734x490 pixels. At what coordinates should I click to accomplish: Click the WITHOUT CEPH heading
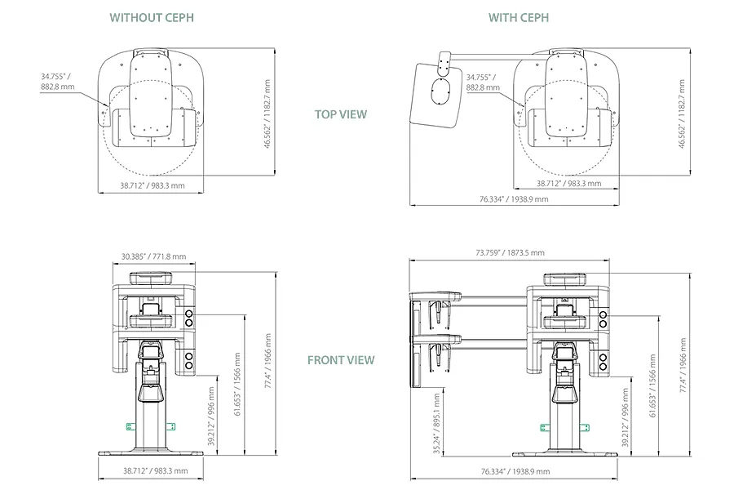pyautogui.click(x=152, y=18)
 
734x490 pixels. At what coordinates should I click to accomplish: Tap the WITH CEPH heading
pyautogui.click(x=519, y=18)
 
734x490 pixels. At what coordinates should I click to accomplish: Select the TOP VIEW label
pyautogui.click(x=341, y=114)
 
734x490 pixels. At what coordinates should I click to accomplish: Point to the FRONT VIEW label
pyautogui.click(x=341, y=360)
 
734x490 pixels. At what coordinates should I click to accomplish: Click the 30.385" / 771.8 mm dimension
pyautogui.click(x=153, y=256)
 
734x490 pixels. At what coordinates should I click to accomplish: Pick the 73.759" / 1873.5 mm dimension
pyautogui.click(x=511, y=252)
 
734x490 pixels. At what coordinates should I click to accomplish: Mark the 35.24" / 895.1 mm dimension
pyautogui.click(x=436, y=424)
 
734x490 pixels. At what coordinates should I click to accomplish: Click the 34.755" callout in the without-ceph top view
pyautogui.click(x=58, y=81)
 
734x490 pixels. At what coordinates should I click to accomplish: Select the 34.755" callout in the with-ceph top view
pyautogui.click(x=483, y=82)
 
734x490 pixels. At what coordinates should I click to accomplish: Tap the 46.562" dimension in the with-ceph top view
pyautogui.click(x=682, y=114)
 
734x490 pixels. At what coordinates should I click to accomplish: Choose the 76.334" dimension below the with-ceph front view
pyautogui.click(x=515, y=471)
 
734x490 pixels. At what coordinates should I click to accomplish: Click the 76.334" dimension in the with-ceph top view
pyautogui.click(x=514, y=199)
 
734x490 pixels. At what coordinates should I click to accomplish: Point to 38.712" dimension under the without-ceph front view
pyautogui.click(x=156, y=470)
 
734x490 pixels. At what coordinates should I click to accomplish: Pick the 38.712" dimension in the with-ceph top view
pyautogui.click(x=568, y=183)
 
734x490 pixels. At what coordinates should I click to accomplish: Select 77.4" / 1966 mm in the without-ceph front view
pyautogui.click(x=268, y=361)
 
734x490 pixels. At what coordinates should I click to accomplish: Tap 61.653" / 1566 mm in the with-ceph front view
pyautogui.click(x=653, y=385)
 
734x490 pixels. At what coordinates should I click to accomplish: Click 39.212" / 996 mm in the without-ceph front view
pyautogui.click(x=211, y=416)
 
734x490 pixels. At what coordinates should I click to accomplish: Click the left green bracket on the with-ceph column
pyautogui.click(x=544, y=428)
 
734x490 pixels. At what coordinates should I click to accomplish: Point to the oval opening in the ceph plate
pyautogui.click(x=440, y=91)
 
